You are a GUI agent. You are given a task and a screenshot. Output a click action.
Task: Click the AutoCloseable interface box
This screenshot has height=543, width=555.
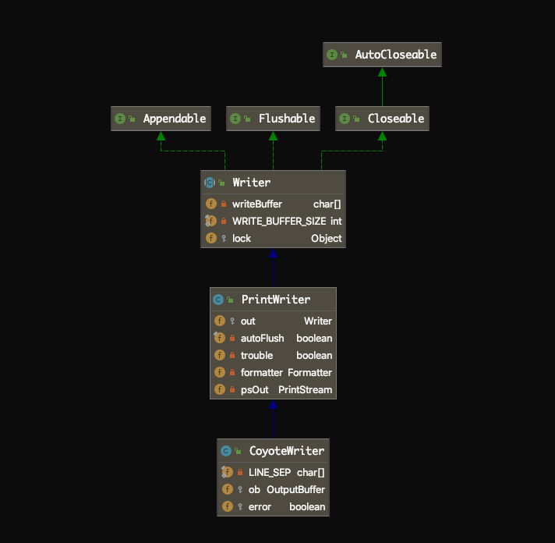[382, 55]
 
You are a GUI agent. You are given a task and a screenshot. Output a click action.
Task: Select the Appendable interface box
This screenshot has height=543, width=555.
[161, 119]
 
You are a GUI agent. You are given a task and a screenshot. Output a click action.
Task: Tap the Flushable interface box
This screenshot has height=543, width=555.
[273, 119]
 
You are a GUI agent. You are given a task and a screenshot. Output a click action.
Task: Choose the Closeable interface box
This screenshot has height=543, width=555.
[382, 119]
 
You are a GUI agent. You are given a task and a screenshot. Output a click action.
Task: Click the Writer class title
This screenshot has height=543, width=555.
[251, 183]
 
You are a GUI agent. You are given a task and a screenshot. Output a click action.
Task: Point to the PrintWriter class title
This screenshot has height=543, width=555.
[275, 300]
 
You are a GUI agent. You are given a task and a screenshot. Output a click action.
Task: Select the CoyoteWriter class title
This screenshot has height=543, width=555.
[286, 451]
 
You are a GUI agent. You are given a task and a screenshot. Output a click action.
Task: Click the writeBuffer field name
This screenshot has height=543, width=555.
[256, 204]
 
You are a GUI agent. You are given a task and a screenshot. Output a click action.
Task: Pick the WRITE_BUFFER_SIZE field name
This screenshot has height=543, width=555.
[279, 221]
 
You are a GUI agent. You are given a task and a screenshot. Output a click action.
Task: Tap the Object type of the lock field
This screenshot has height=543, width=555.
[326, 238]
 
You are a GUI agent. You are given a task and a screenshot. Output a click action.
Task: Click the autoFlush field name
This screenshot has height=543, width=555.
[262, 338]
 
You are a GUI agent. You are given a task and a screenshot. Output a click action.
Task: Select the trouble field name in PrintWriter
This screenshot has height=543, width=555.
[256, 355]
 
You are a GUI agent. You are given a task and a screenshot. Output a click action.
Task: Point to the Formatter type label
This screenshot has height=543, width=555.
[309, 372]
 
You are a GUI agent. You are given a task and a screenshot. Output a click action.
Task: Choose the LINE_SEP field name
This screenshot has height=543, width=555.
[269, 472]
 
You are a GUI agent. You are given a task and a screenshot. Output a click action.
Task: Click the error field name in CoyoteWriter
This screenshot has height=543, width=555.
[260, 506]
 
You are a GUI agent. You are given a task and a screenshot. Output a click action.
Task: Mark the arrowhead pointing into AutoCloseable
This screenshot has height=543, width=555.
[382, 72]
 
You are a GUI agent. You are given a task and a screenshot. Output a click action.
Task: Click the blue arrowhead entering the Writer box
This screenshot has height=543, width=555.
[273, 254]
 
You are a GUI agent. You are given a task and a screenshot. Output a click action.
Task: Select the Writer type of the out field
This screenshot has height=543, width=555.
[317, 321]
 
